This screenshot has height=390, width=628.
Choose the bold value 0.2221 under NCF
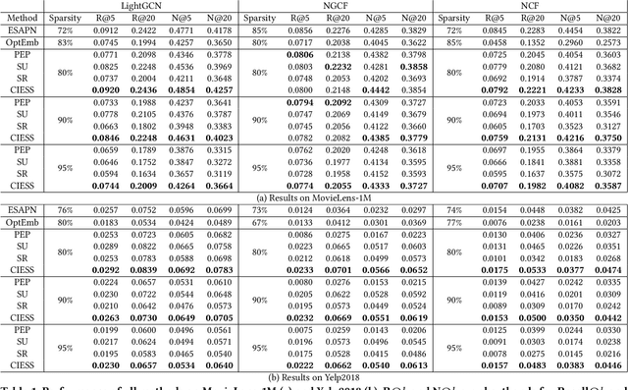(548, 88)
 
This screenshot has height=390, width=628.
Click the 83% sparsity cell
(65, 43)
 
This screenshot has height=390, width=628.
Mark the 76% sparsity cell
(65, 209)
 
